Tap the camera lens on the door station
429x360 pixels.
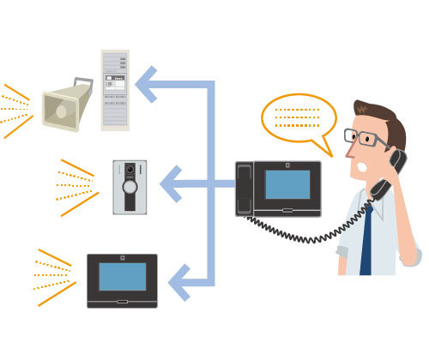click(130, 170)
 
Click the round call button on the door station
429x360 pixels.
click(130, 186)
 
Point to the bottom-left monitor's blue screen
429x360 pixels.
click(122, 277)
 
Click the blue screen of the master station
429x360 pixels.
click(287, 184)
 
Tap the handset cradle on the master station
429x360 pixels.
click(245, 188)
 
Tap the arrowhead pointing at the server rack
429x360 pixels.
click(148, 84)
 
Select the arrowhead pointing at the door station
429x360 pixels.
click(171, 183)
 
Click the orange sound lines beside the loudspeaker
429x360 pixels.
click(17, 110)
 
